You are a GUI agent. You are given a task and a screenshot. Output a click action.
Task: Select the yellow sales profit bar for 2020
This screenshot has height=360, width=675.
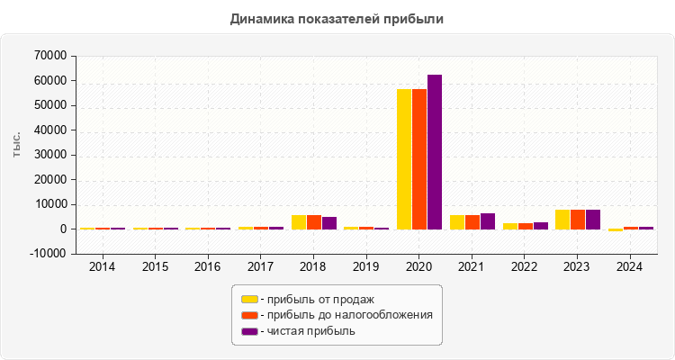(404, 158)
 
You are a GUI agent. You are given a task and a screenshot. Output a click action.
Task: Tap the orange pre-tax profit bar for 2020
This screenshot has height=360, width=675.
(419, 158)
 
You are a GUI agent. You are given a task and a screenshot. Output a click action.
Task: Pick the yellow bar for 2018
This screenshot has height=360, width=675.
(299, 222)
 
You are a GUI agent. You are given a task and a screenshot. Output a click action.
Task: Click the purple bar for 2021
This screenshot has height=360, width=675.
(488, 221)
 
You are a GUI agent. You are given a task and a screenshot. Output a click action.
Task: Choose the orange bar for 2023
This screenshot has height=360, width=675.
(578, 220)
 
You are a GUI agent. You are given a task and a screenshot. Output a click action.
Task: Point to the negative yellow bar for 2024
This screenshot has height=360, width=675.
(616, 230)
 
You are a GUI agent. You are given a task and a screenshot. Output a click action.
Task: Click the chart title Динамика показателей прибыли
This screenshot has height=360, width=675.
(337, 18)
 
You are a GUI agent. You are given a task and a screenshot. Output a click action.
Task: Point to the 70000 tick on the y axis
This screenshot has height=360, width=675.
(50, 56)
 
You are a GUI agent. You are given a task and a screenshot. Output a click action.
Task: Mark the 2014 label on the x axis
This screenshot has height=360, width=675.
(103, 267)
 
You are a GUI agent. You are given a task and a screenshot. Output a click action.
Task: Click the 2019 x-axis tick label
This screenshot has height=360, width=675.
(366, 267)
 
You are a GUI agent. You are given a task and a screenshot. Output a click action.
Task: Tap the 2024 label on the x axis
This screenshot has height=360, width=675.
(630, 267)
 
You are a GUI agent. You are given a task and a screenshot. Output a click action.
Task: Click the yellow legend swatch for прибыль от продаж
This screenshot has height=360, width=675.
(249, 299)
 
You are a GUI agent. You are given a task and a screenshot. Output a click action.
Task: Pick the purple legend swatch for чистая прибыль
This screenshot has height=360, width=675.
(249, 331)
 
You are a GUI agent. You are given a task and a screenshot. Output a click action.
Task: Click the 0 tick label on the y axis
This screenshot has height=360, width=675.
(64, 229)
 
